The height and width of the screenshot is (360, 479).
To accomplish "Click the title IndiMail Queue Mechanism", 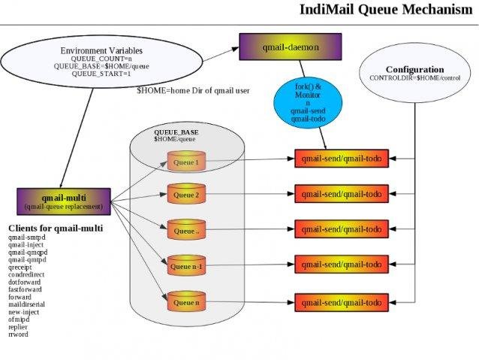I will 387,10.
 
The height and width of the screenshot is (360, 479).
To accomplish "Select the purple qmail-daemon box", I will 279,47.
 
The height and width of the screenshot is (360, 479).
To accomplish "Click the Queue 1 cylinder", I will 185,162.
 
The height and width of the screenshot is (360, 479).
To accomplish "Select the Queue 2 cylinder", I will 185,195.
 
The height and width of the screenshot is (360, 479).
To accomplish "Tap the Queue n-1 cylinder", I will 185,266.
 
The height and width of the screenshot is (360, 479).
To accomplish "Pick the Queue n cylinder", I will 185,302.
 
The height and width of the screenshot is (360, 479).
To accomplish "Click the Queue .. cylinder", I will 185,231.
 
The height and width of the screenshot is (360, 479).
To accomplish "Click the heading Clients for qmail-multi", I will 56,228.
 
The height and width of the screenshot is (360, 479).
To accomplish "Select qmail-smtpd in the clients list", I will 27,237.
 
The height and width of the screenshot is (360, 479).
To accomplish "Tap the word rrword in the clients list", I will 18,334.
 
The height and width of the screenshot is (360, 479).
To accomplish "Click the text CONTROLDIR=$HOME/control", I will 414,77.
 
